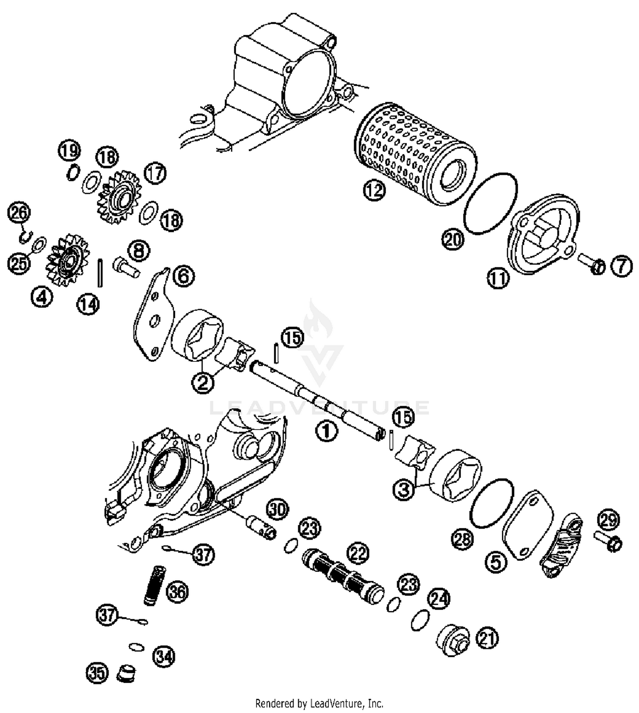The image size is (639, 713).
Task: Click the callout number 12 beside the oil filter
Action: (374, 190)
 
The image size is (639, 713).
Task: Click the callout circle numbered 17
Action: (155, 173)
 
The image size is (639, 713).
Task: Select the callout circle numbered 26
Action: (19, 212)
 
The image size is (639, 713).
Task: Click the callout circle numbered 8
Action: (139, 251)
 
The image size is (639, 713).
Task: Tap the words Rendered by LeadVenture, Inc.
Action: (319, 703)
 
